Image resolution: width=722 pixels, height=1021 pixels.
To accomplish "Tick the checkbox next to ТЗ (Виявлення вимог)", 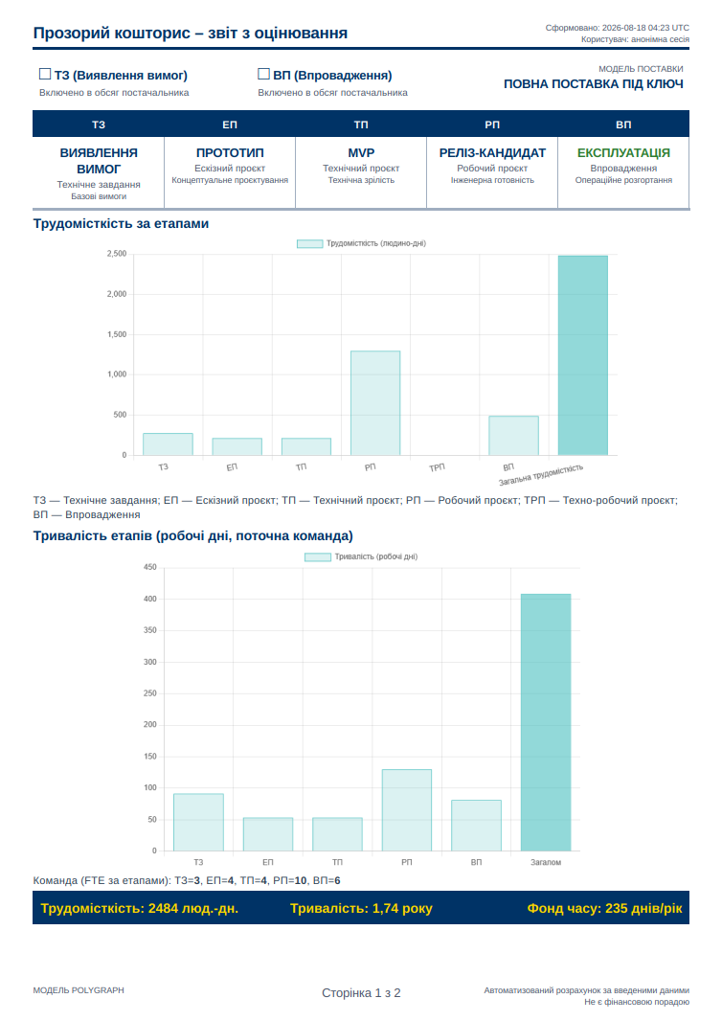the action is pos(45,75).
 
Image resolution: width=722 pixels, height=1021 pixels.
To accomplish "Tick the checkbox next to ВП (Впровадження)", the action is pos(263,75).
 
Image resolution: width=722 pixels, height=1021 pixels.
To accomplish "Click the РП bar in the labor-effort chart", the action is pos(375,403).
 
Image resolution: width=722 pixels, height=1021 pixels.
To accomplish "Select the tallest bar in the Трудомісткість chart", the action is pos(583,355).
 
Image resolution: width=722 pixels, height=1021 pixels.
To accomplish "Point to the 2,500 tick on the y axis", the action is pos(117,254).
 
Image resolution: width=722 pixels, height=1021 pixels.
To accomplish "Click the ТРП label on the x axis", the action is pos(437,467).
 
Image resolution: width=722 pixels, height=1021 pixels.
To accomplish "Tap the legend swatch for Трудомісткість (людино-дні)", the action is pos(310,243).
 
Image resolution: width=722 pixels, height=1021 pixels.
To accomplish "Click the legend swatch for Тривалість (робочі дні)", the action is pos(318,556).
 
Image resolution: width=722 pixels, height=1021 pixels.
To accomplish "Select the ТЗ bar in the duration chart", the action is pos(198,823).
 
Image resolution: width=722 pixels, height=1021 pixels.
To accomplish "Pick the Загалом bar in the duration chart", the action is pos(546,723).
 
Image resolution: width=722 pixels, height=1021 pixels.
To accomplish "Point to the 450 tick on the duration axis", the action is pos(150,567).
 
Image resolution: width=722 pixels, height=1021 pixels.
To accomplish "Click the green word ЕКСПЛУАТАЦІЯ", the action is pos(623,153).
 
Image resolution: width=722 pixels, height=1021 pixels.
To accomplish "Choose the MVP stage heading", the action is pos(361,153).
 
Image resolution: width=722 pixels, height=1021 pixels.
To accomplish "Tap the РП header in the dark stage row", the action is pos(492,125).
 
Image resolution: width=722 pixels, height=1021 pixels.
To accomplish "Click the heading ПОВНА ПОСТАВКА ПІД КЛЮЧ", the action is pos(594,84).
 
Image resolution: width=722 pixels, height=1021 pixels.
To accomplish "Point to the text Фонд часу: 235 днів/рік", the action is pos(605,908).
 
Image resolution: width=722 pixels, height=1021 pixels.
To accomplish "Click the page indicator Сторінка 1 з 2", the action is pos(361,993).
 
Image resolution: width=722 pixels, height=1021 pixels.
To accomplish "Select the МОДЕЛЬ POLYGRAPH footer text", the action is pos(79,990).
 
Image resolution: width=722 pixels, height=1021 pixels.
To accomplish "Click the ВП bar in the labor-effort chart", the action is pos(513,436).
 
